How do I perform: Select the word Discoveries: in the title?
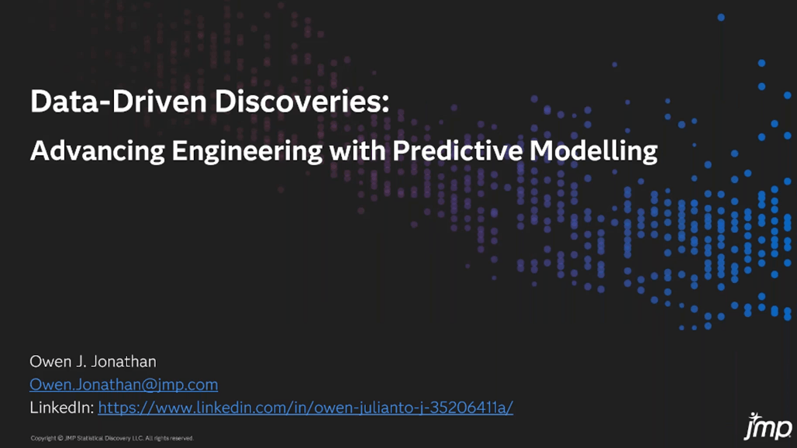click(302, 101)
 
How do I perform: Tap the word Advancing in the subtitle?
click(98, 151)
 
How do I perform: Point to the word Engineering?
click(247, 151)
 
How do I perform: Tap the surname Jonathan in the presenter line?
click(124, 362)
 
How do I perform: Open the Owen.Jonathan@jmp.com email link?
click(123, 384)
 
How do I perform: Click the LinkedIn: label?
click(61, 408)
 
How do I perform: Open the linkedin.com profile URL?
click(305, 408)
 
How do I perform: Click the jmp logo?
click(768, 426)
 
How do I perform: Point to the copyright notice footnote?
click(112, 438)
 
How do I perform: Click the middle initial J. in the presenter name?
click(81, 362)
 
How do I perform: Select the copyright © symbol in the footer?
click(60, 438)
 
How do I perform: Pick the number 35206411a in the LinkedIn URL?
click(469, 408)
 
